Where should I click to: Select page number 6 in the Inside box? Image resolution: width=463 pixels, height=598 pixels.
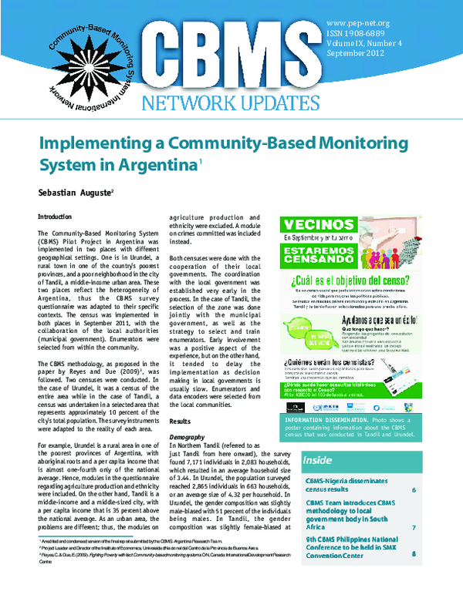(414, 491)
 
